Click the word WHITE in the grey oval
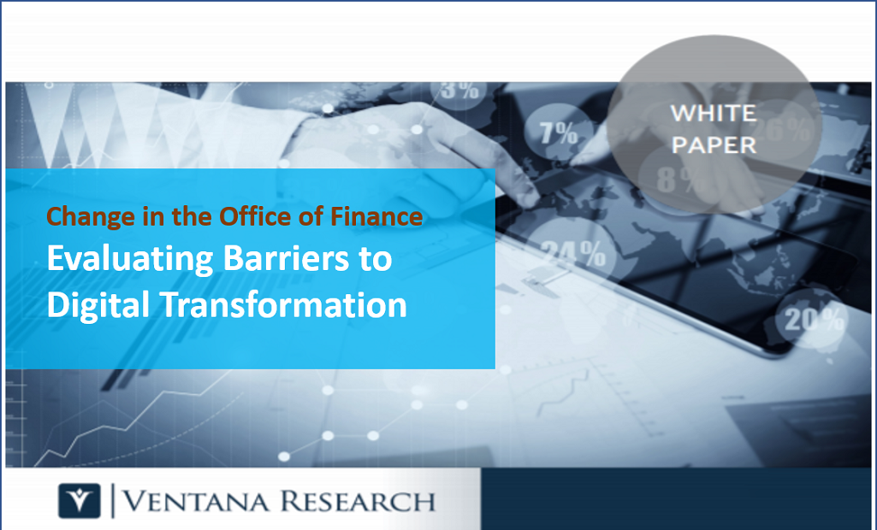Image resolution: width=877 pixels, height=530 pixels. click(713, 113)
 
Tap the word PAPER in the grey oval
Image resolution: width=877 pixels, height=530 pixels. click(714, 144)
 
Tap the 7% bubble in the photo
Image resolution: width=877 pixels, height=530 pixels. click(558, 133)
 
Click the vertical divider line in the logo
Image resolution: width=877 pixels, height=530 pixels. click(113, 501)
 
